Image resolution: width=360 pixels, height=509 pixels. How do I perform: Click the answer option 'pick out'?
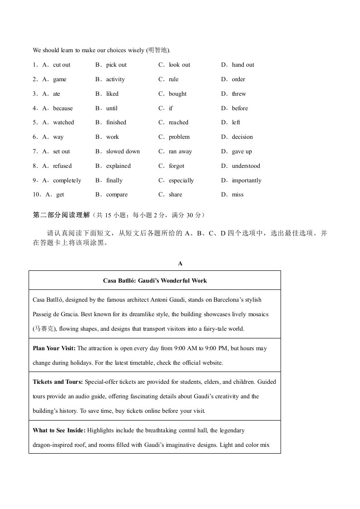tap(116, 65)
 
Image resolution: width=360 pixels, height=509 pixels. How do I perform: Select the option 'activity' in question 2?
tap(115, 79)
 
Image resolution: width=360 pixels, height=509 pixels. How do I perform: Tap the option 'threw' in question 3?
tap(239, 94)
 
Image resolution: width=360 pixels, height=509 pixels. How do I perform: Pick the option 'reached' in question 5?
tap(178, 122)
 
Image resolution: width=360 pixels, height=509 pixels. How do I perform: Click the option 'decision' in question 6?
tap(242, 137)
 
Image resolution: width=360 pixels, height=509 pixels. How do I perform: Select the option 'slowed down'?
tap(123, 152)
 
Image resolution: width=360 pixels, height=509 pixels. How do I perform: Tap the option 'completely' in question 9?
tap(67, 181)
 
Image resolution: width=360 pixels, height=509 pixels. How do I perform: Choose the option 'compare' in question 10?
tap(117, 195)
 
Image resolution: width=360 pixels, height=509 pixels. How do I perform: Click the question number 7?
tap(35, 152)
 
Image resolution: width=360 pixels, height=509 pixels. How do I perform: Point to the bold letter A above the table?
tap(180, 263)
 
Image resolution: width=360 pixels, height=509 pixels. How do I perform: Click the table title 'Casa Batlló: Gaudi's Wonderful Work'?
tap(155, 281)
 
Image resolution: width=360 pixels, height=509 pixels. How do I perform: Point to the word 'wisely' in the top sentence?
tap(137, 50)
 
